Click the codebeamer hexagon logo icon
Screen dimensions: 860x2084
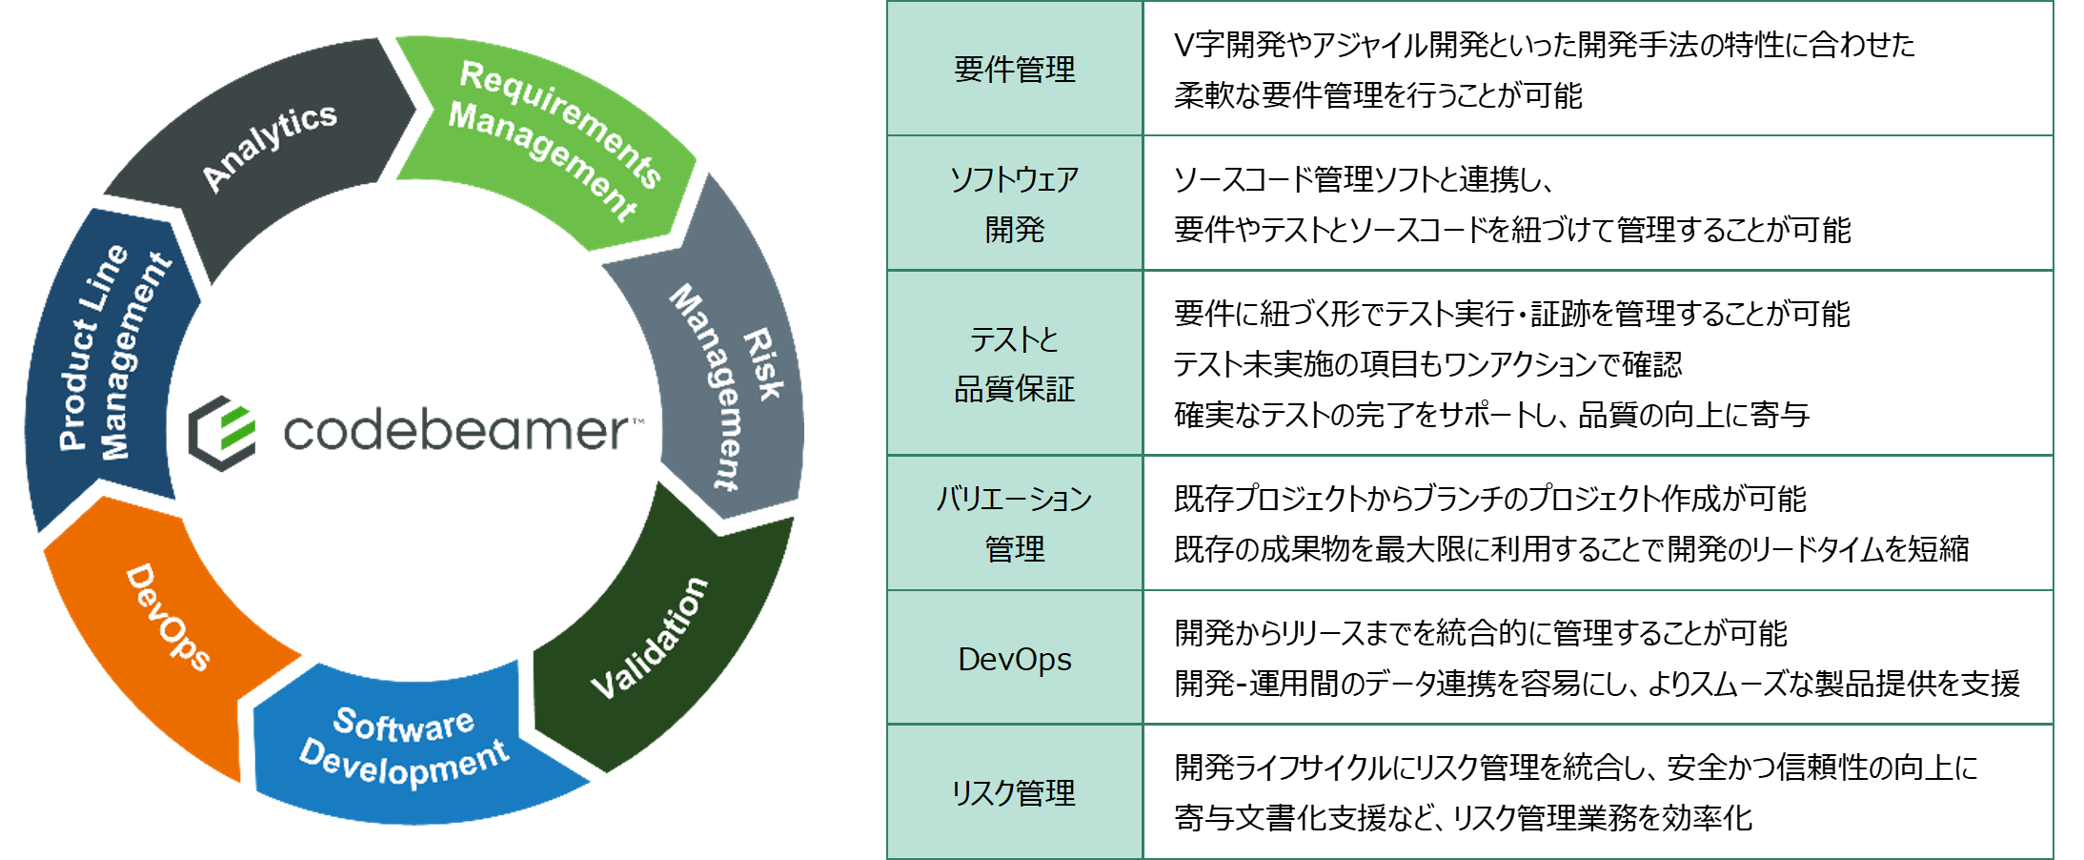coord(222,433)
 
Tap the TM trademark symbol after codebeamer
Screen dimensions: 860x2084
coord(637,420)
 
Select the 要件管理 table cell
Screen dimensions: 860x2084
coord(1014,70)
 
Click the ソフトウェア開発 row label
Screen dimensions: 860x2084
coord(1014,203)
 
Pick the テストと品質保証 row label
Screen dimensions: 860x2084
coord(1014,363)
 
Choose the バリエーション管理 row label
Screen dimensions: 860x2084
coord(1014,522)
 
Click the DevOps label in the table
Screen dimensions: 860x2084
coord(1014,659)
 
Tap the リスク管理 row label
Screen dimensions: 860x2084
coord(1014,792)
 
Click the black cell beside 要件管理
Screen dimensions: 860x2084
coord(1597,69)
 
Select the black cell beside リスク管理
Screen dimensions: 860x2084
coord(1597,791)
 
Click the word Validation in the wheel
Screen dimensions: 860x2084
coord(650,638)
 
